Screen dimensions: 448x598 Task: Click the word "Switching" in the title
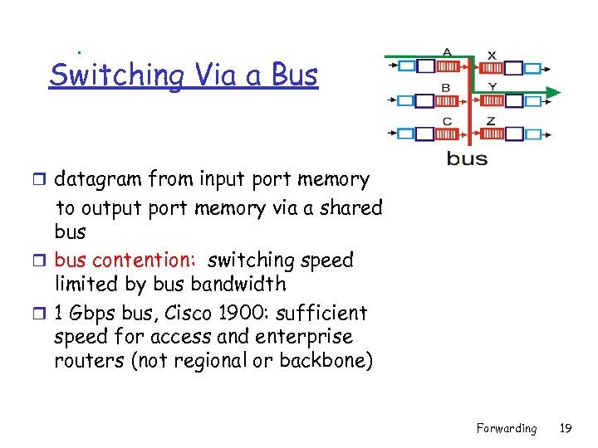tap(116, 75)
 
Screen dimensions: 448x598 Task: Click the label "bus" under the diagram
tap(467, 158)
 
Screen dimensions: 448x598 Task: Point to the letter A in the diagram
tap(447, 52)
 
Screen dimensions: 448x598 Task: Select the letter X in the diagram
tap(492, 55)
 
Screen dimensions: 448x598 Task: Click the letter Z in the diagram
tap(491, 121)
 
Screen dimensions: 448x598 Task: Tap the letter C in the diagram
tap(447, 121)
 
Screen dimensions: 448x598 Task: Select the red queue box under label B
tap(447, 100)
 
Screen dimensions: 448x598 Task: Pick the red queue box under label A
tap(447, 67)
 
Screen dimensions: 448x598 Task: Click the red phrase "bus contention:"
tap(125, 260)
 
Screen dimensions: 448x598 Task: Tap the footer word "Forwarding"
tap(506, 428)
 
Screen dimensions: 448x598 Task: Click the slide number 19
tap(566, 428)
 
